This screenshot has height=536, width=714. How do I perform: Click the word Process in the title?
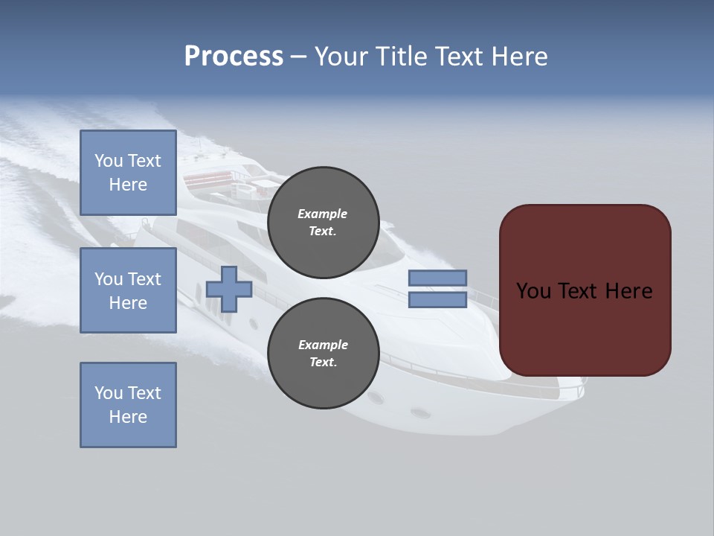tap(234, 57)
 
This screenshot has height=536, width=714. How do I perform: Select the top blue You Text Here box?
tap(128, 173)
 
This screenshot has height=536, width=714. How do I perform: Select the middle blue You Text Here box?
tap(128, 290)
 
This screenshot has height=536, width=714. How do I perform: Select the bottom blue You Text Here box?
tap(128, 404)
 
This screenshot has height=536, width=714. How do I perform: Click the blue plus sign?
tap(229, 289)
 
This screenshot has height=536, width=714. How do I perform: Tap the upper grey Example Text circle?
tap(323, 222)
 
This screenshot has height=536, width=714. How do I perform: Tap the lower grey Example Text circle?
tap(323, 353)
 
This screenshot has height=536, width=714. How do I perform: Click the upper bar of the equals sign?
tap(437, 278)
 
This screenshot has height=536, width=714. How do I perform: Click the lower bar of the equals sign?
tap(437, 300)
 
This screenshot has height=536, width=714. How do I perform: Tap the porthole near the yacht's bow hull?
tap(420, 412)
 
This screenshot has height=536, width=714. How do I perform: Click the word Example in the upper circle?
tap(323, 214)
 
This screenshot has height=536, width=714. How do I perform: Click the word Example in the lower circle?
tap(323, 345)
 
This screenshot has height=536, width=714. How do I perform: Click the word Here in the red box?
tap(628, 291)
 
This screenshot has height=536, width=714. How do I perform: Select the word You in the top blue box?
tap(108, 161)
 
